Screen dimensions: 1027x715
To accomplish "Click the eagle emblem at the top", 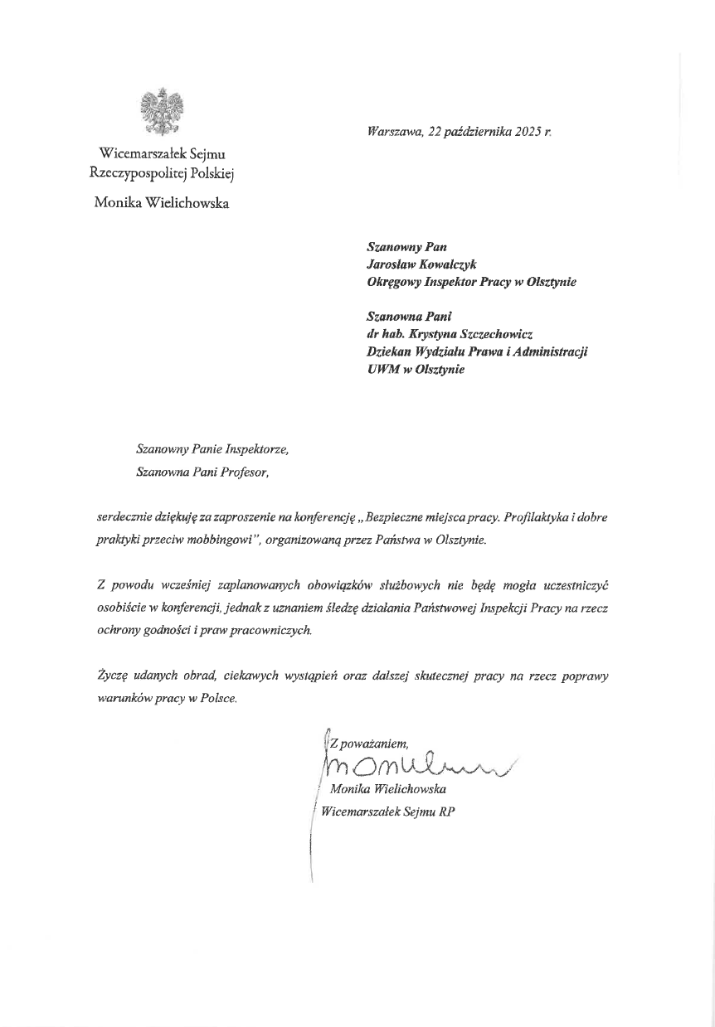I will (162, 112).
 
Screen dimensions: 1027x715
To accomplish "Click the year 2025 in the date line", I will (529, 132).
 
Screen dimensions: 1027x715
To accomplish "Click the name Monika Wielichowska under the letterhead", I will (162, 203).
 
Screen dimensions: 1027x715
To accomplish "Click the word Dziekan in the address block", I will (390, 351).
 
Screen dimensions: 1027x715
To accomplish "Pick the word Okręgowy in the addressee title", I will (394, 282).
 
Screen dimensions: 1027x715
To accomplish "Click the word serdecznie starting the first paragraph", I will (124, 517).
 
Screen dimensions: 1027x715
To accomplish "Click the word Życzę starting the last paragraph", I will (111, 676).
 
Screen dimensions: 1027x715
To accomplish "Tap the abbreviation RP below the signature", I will (447, 812).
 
